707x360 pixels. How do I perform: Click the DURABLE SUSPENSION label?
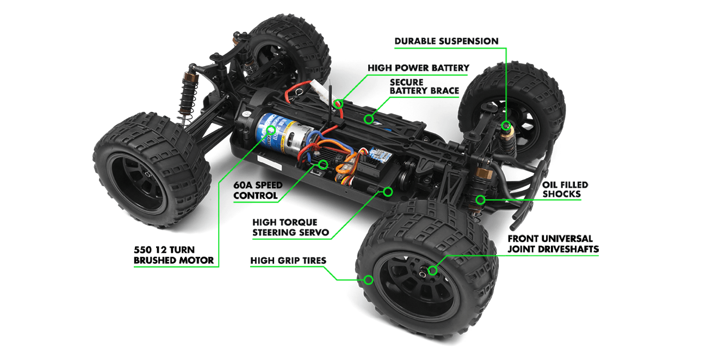[x=446, y=41]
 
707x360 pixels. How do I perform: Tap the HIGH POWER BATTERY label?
[x=418, y=68]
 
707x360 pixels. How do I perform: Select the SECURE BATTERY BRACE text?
[x=424, y=86]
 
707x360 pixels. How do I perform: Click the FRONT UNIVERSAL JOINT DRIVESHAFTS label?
[x=553, y=244]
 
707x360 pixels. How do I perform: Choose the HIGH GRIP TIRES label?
[x=288, y=261]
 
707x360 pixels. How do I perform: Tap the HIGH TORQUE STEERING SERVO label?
[x=290, y=227]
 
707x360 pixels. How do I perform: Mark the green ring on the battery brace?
[x=369, y=117]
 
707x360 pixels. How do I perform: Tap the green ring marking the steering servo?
[x=388, y=191]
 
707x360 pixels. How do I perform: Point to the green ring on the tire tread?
[x=369, y=280]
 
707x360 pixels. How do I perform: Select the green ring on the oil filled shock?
[x=480, y=200]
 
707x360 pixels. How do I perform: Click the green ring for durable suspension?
[x=506, y=125]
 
